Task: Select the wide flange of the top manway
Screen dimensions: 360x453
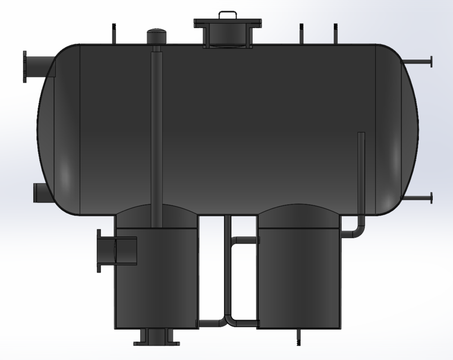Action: tap(227, 23)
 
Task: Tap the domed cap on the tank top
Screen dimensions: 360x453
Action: tap(156, 35)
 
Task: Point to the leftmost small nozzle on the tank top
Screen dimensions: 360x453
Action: tap(114, 33)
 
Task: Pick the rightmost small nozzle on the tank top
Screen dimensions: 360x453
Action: tap(335, 33)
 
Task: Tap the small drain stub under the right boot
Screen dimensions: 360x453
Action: tap(298, 337)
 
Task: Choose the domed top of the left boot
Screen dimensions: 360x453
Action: tap(156, 217)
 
